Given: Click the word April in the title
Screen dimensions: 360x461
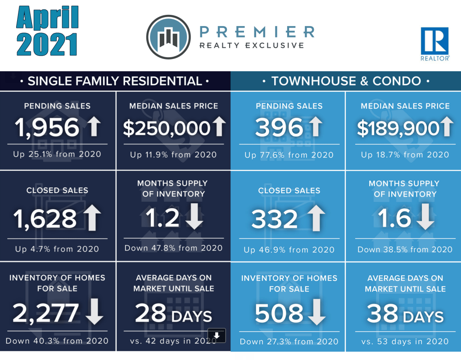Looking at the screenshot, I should pyautogui.click(x=47, y=19).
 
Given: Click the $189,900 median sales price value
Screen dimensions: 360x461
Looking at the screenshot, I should pyautogui.click(x=398, y=128).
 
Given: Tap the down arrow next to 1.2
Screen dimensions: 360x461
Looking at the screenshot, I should pyautogui.click(x=194, y=218).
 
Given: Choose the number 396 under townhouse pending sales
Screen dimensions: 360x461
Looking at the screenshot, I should pyautogui.click(x=279, y=128).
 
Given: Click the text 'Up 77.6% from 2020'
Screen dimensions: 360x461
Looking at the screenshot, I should pyautogui.click(x=289, y=155).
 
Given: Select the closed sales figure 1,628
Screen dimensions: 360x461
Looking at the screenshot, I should pyautogui.click(x=45, y=219).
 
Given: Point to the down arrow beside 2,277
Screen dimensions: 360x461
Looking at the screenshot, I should pyautogui.click(x=94, y=313).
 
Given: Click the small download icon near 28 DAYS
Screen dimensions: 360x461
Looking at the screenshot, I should pyautogui.click(x=217, y=335).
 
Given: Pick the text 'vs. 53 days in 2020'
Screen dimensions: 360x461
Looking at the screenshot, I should pyautogui.click(x=405, y=341).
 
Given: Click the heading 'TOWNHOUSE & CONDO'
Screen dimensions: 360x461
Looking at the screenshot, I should pyautogui.click(x=346, y=81).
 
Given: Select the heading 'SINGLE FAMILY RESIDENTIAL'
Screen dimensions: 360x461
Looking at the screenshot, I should pyautogui.click(x=115, y=81).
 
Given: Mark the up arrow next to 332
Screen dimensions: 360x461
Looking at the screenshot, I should pyautogui.click(x=315, y=218).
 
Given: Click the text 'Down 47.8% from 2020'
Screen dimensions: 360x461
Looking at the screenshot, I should pyautogui.click(x=173, y=248).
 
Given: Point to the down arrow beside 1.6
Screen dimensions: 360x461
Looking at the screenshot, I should pyautogui.click(x=425, y=218).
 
